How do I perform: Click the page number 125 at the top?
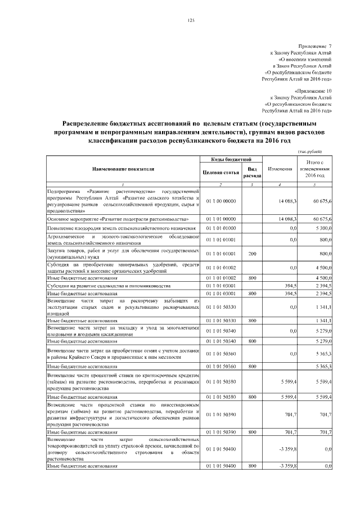click(190, 21)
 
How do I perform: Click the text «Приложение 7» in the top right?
click(315, 46)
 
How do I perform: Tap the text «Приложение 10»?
click(313, 90)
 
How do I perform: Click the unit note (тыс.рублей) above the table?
click(309, 151)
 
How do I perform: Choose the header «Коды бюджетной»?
click(231, 160)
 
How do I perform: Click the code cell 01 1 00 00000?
click(220, 201)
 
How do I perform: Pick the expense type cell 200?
click(252, 254)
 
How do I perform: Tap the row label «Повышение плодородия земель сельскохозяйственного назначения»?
click(121, 229)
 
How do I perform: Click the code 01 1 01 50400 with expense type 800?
click(220, 466)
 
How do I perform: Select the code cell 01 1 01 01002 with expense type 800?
click(220, 278)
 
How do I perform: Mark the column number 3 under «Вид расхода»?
click(252, 185)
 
